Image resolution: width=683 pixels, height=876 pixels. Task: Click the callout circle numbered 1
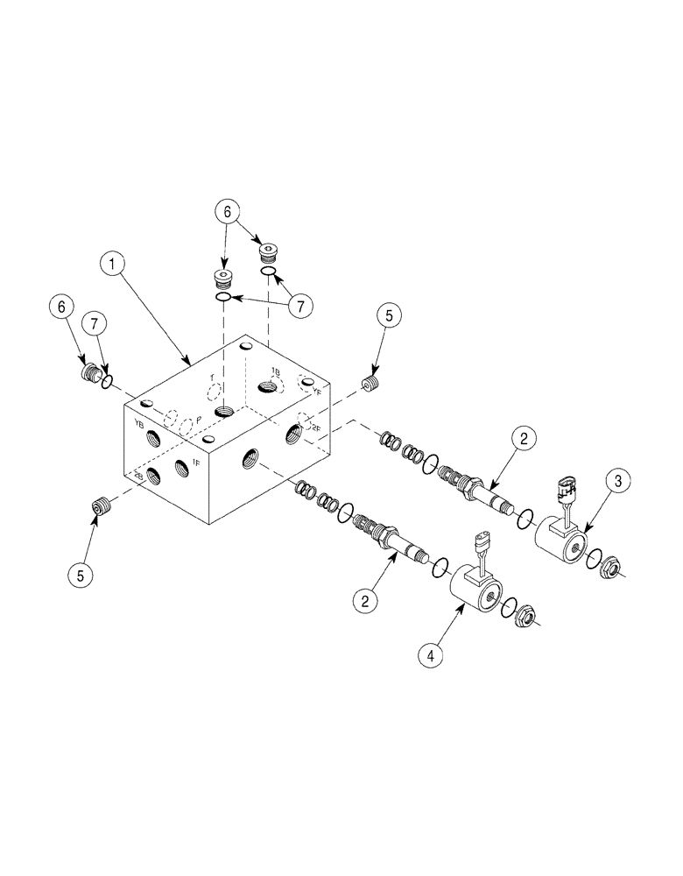click(110, 262)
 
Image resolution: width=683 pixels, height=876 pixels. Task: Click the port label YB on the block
click(138, 423)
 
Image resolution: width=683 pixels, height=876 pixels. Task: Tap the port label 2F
click(315, 428)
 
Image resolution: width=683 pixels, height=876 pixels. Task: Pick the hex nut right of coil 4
click(527, 616)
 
